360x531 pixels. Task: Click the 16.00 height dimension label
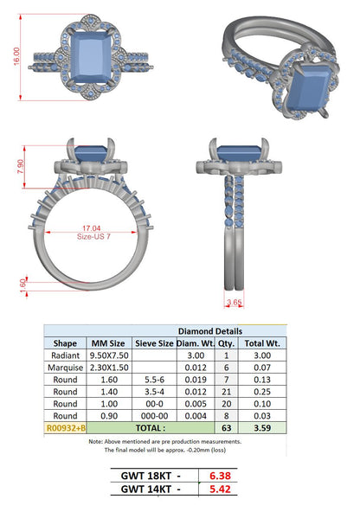[x=16, y=56]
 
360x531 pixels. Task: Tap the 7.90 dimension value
[x=21, y=167]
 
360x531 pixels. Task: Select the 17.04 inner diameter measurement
[x=92, y=228]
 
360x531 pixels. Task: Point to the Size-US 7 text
[x=93, y=236]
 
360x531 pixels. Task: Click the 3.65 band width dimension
[x=234, y=302]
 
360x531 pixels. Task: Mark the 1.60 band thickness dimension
[x=22, y=285]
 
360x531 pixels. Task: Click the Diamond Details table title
[x=210, y=331]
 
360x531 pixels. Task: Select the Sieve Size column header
[x=154, y=343]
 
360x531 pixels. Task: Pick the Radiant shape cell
[x=65, y=355]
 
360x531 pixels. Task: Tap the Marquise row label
[x=65, y=368]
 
